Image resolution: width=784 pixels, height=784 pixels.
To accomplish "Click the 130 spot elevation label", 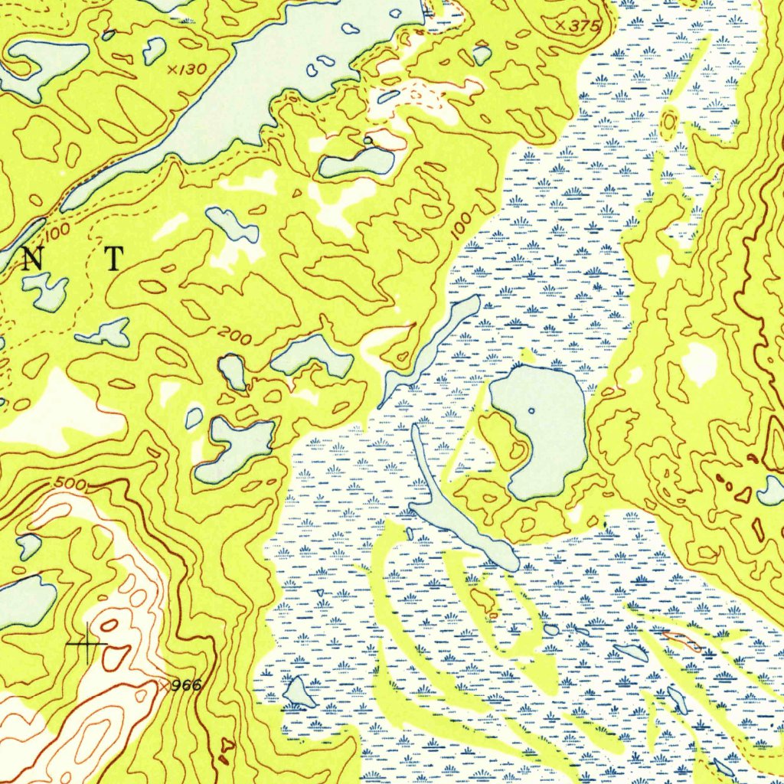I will coord(192,70).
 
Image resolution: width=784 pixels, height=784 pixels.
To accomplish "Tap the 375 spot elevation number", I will coord(580,26).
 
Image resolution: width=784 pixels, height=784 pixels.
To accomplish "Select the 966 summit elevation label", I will coord(186,685).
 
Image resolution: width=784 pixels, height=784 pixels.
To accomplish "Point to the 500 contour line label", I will coord(70,484).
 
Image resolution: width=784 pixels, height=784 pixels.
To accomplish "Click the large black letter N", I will coord(32,260).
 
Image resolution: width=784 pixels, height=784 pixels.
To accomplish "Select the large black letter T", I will coord(113,260).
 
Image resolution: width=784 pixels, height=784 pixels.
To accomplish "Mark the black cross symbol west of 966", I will coord(88,645).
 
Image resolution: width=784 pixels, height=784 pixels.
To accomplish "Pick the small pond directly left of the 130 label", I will coord(154,51).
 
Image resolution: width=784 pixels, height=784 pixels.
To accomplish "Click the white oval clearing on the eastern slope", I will coord(699,364).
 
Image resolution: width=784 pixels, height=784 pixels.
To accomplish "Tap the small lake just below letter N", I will coord(44,291).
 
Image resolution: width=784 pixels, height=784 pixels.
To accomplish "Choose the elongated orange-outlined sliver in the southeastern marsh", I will coord(681,641).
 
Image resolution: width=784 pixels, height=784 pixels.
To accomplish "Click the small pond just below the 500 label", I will coord(29,546).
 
